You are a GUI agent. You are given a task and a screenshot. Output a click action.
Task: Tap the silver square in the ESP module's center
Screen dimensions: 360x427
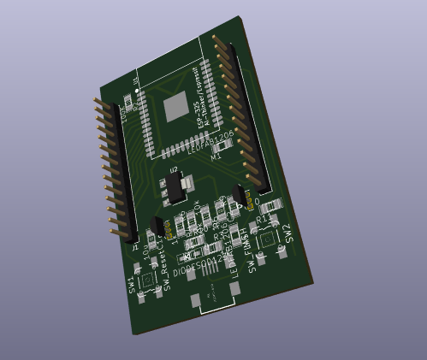[175, 106]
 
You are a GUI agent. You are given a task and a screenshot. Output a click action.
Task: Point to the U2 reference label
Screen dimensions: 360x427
[174, 171]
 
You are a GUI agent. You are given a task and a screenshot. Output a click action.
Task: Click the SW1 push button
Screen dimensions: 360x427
[151, 282]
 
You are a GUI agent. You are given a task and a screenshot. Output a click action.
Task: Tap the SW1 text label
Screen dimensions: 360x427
[133, 286]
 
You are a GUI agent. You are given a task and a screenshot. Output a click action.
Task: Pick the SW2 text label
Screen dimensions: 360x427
[288, 232]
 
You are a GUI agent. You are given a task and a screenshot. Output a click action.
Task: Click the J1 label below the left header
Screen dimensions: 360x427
[135, 247]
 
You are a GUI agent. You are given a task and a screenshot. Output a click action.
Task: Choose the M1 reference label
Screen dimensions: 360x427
[216, 157]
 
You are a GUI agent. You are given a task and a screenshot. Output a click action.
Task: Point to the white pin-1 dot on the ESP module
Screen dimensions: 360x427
[137, 89]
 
